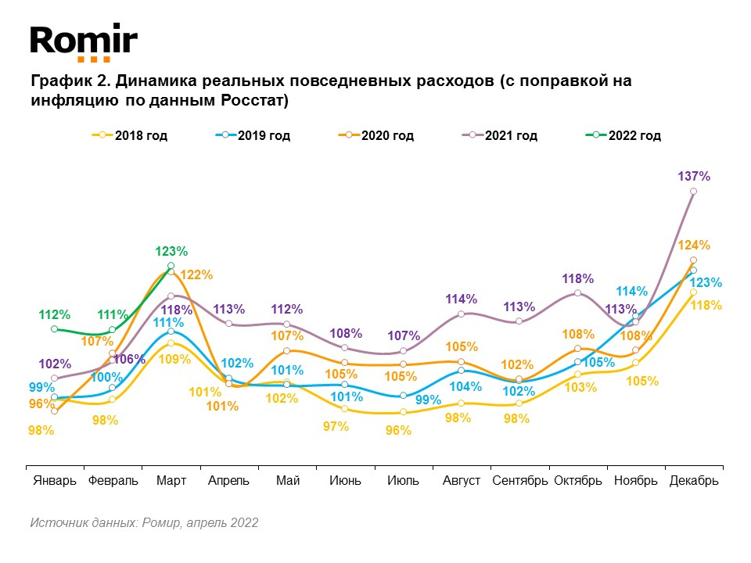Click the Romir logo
pyautogui.click(x=84, y=42)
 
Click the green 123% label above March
pyautogui.click(x=171, y=252)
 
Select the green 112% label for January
pyautogui.click(x=55, y=315)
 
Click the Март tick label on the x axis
pyautogui.click(x=171, y=480)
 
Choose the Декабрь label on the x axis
pyautogui.click(x=694, y=480)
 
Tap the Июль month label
pyautogui.click(x=403, y=480)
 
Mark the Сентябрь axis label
pyautogui.click(x=520, y=480)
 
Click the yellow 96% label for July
pyautogui.click(x=399, y=429)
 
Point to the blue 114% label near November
pyautogui.click(x=632, y=292)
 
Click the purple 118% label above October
pyautogui.click(x=578, y=278)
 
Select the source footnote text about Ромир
pyautogui.click(x=144, y=522)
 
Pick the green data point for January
pyautogui.click(x=55, y=329)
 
